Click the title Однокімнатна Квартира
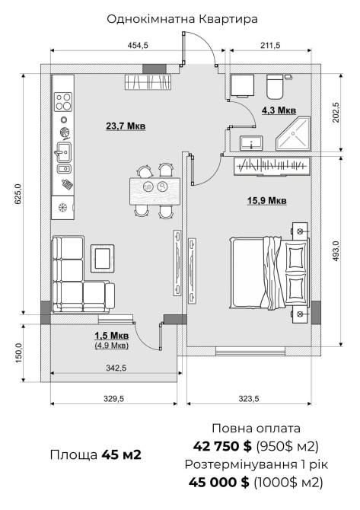(182, 19)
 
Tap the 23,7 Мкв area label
(126, 126)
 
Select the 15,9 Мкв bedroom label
(266, 200)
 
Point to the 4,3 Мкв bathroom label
(279, 110)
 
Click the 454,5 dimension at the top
(138, 45)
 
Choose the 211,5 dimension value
(270, 45)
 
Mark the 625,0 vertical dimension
(18, 194)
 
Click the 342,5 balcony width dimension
(116, 368)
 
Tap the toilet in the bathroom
(275, 87)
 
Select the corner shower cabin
(293, 134)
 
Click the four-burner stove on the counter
(63, 101)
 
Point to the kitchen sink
(64, 152)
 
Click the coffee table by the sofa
(103, 258)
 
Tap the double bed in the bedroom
(269, 273)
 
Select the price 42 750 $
(222, 446)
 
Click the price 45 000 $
(219, 482)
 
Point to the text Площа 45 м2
(96, 454)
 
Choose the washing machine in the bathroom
(242, 86)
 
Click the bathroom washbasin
(251, 143)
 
